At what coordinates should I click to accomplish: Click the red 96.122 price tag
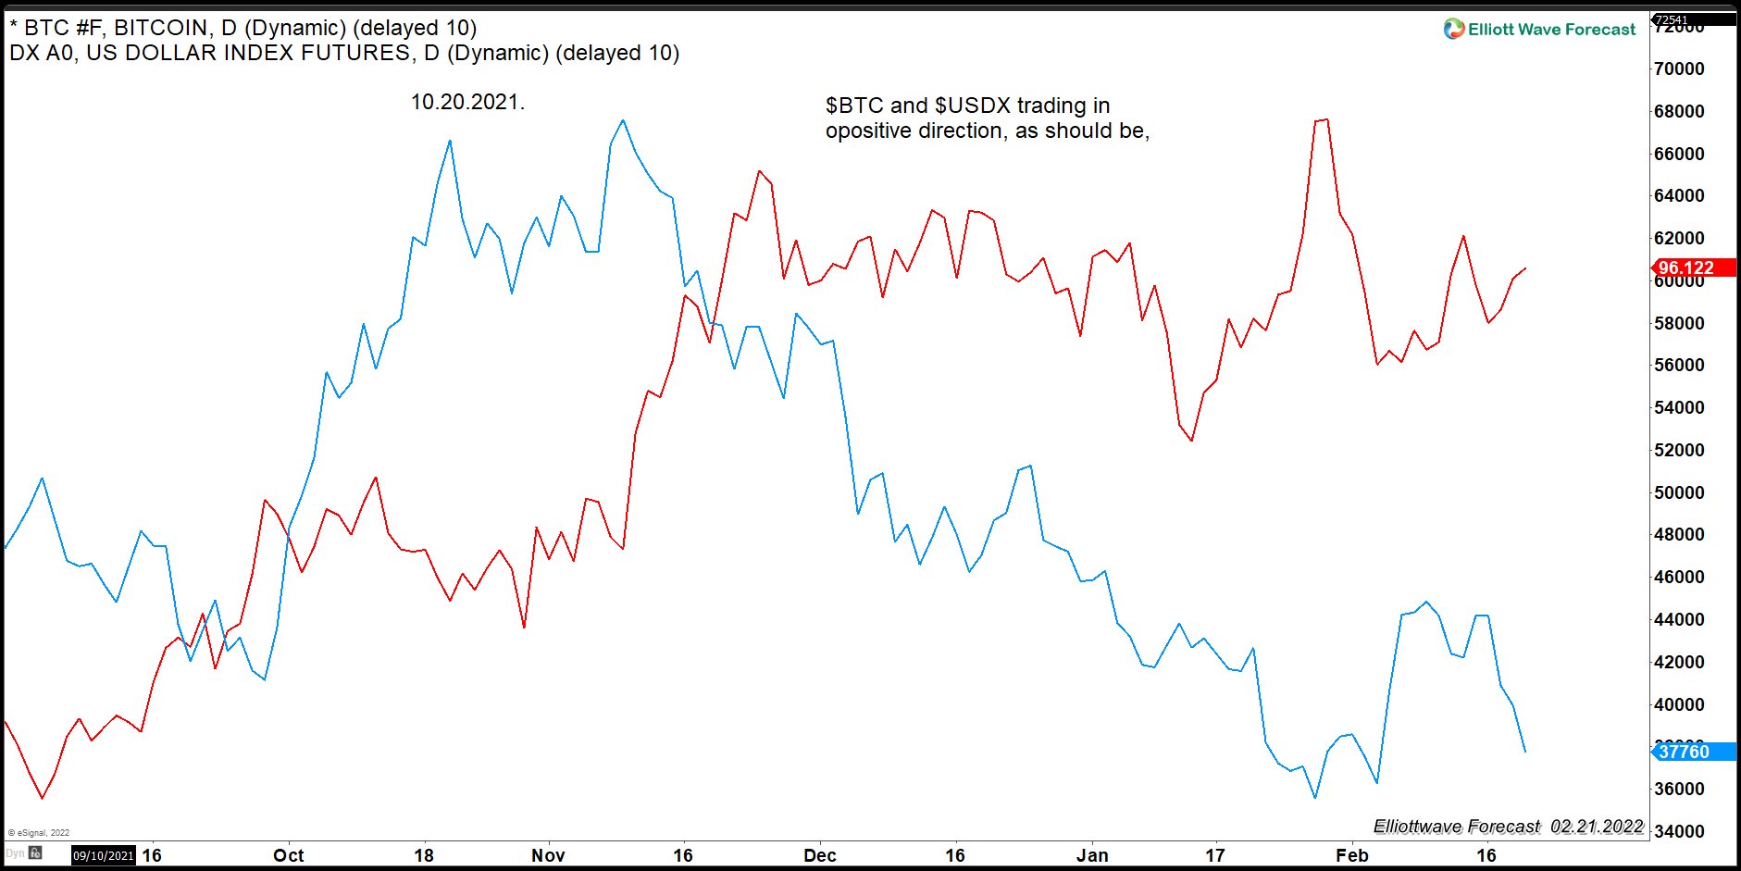click(x=1685, y=268)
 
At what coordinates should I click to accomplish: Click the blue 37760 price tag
click(x=1685, y=752)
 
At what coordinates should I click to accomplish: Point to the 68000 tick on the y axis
click(x=1679, y=111)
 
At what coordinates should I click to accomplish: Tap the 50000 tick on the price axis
click(x=1679, y=492)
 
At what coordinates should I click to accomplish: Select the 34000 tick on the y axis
click(x=1679, y=831)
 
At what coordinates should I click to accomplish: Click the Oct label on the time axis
click(x=288, y=855)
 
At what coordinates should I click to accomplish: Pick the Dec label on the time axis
click(x=819, y=855)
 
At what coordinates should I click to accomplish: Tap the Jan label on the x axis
click(x=1092, y=855)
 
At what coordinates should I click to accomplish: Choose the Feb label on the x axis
click(x=1351, y=855)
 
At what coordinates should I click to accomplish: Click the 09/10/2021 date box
click(x=104, y=855)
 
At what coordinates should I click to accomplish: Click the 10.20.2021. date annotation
click(x=467, y=102)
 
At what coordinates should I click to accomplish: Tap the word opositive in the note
click(x=867, y=131)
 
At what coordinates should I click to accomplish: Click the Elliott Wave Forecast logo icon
click(x=1454, y=30)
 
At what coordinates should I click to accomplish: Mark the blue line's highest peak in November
click(x=622, y=120)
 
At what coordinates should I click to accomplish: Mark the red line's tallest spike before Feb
click(x=1327, y=119)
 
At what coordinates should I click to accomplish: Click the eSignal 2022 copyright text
click(x=39, y=832)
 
